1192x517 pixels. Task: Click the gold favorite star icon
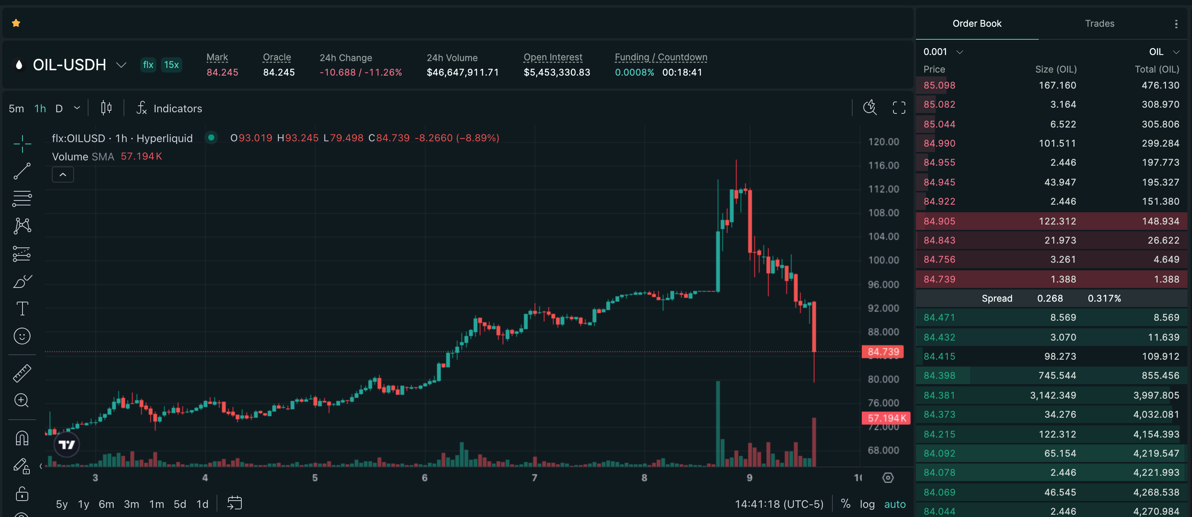[16, 23]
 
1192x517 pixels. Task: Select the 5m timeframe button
[16, 108]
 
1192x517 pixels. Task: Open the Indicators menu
[169, 108]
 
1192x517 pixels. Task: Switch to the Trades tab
[1099, 24]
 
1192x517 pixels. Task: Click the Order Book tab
[977, 24]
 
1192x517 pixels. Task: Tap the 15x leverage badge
[171, 65]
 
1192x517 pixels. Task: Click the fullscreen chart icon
[899, 108]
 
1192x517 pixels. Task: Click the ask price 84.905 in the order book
[939, 221]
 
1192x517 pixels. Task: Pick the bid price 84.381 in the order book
[939, 395]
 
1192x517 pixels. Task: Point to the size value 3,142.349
[1053, 395]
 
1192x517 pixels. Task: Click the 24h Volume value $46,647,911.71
[462, 72]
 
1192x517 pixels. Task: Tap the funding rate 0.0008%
[634, 72]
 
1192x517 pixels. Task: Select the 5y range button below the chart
[61, 504]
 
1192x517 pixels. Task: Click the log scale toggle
[867, 504]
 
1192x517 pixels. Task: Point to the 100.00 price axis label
[883, 260]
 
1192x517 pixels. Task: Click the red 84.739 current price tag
[882, 352]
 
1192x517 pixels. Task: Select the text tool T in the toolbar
[22, 309]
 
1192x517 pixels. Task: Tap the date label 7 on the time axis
[535, 478]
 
